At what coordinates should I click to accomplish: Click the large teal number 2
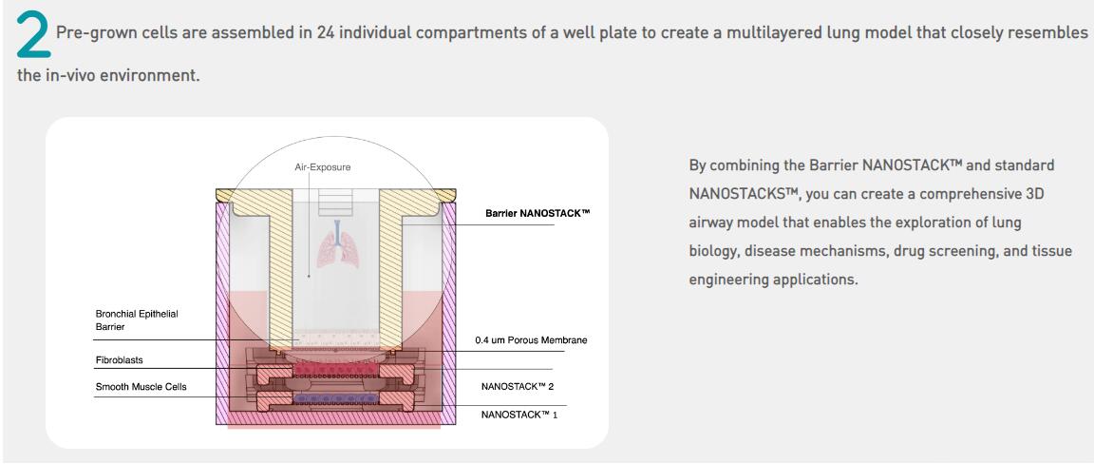pyautogui.click(x=33, y=35)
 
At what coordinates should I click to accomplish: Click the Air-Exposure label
pyautogui.click(x=322, y=167)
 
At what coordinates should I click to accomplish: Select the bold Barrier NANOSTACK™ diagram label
pyautogui.click(x=538, y=213)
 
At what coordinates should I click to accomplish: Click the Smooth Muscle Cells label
pyautogui.click(x=141, y=387)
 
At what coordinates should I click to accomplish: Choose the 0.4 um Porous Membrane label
pyautogui.click(x=531, y=339)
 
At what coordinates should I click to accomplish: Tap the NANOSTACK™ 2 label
pyautogui.click(x=518, y=387)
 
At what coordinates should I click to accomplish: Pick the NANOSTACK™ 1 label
pyautogui.click(x=519, y=415)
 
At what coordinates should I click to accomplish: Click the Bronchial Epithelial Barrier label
pyautogui.click(x=136, y=319)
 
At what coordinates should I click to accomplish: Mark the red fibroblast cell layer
pyautogui.click(x=331, y=367)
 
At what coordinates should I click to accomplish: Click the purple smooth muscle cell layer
pyautogui.click(x=331, y=396)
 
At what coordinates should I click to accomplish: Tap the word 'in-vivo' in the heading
pyautogui.click(x=76, y=75)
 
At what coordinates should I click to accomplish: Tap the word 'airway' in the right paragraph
pyautogui.click(x=712, y=222)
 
